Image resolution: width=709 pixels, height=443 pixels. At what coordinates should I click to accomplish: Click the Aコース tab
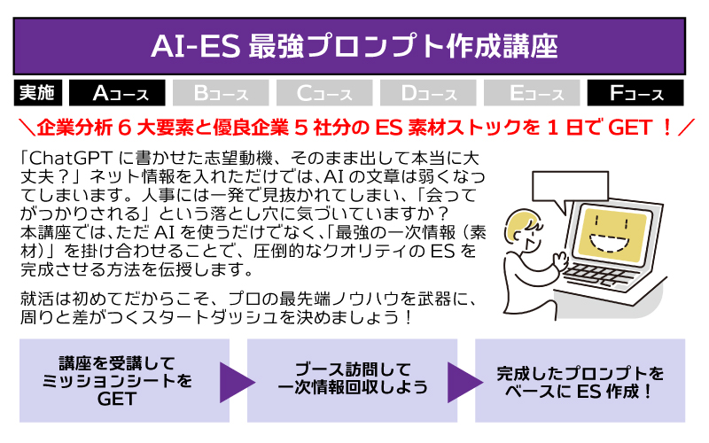tap(117, 93)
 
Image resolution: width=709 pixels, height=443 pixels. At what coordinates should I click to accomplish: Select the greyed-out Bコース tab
tap(221, 93)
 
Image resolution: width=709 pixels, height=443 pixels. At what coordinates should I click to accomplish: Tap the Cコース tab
tap(324, 93)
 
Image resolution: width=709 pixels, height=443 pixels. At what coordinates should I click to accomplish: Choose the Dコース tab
tap(428, 93)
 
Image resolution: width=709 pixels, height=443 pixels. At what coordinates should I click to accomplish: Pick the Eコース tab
tap(532, 93)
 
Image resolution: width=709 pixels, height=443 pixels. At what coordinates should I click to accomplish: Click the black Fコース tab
tap(635, 93)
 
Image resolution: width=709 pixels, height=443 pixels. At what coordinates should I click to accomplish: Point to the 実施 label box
tap(37, 93)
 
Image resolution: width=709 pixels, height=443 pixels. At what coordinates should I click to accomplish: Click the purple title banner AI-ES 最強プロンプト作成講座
tap(349, 46)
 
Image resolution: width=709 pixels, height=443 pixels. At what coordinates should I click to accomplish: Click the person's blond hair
tap(521, 222)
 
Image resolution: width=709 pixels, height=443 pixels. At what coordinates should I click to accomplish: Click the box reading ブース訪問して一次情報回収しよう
tap(352, 381)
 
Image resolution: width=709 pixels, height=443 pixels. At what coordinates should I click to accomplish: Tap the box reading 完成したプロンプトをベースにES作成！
tap(580, 381)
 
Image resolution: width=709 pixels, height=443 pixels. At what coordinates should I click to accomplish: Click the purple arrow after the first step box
tap(236, 382)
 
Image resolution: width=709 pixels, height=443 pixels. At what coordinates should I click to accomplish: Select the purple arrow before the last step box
tap(464, 382)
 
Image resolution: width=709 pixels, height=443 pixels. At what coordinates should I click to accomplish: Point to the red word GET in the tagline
tap(630, 128)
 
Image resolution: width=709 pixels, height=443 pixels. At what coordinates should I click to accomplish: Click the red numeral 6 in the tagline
tap(124, 128)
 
